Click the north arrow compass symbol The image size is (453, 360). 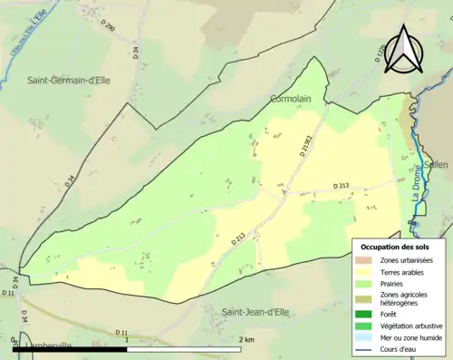(404, 48)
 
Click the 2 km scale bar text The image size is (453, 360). (246, 339)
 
